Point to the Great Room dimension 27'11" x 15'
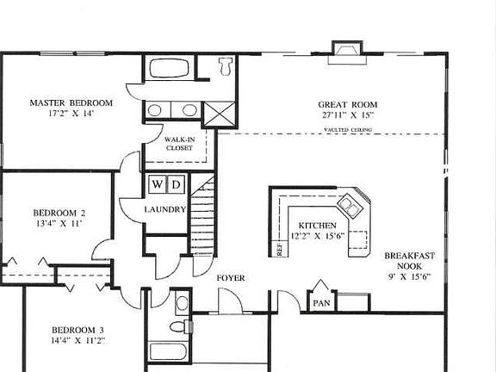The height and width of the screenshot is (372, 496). click(x=348, y=115)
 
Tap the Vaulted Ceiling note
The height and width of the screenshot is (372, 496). click(x=349, y=130)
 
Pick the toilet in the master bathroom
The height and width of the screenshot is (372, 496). click(x=225, y=65)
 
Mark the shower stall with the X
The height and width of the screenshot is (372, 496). click(x=214, y=111)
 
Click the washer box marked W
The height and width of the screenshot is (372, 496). click(x=157, y=184)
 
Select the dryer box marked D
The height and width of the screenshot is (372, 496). click(x=175, y=184)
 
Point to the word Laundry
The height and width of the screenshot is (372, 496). click(x=165, y=209)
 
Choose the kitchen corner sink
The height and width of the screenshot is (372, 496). click(x=350, y=205)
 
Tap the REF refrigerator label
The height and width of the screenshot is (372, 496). click(x=279, y=248)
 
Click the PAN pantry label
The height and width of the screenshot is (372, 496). click(x=320, y=303)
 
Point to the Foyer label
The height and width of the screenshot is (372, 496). click(x=230, y=278)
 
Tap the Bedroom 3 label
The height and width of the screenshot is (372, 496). click(x=77, y=330)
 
